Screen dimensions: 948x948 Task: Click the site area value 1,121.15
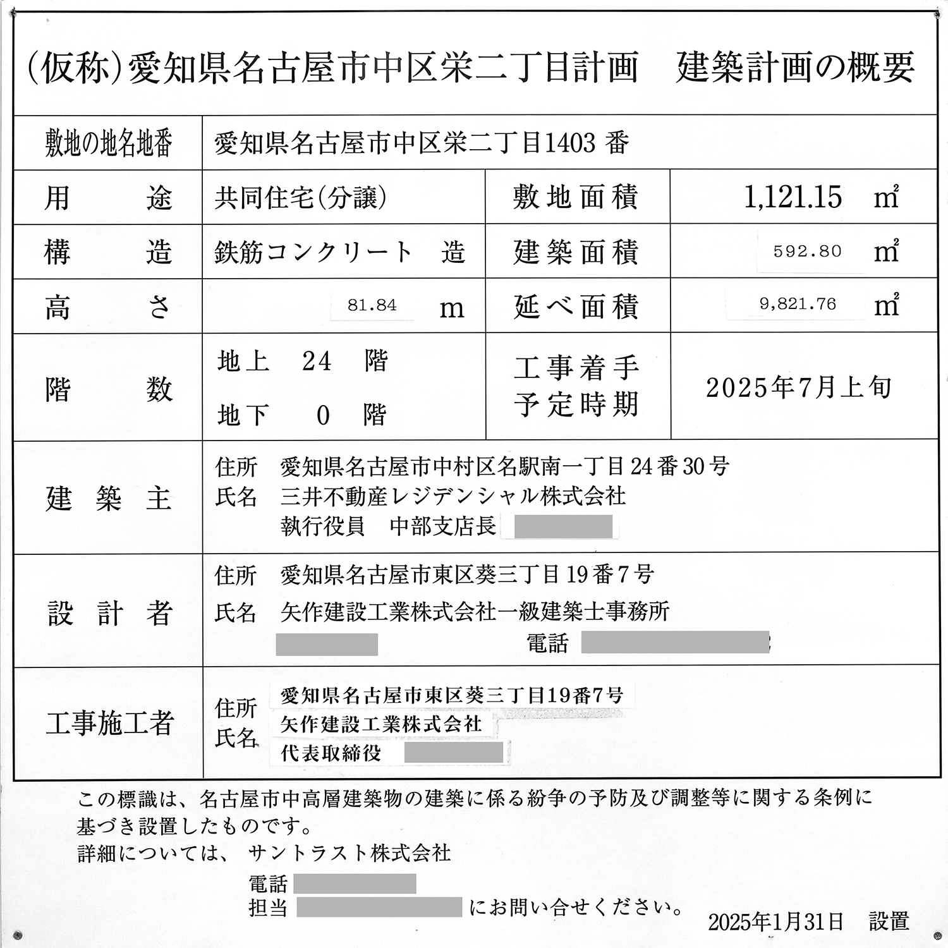(x=793, y=197)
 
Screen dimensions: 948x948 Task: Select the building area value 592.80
(x=807, y=252)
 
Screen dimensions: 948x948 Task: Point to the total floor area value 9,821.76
(x=798, y=305)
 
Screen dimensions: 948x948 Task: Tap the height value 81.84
(x=372, y=306)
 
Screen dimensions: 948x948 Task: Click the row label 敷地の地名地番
(x=108, y=143)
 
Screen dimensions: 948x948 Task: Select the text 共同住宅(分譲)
(x=300, y=198)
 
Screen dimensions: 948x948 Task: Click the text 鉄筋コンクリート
(x=313, y=252)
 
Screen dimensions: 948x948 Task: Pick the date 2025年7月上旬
(x=798, y=387)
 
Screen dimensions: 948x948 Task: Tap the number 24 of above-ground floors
(x=316, y=362)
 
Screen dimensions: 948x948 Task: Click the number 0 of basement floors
(x=322, y=416)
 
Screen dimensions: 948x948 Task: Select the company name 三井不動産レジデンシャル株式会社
(x=453, y=497)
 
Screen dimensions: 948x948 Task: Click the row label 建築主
(x=108, y=499)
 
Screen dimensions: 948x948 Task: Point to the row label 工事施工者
(x=109, y=722)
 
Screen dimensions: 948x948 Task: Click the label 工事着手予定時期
(x=576, y=386)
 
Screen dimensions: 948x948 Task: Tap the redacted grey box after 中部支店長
(x=562, y=526)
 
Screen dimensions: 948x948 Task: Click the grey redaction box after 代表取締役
(x=453, y=752)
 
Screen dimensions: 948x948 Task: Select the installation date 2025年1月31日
(x=775, y=922)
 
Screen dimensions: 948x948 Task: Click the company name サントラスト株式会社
(x=349, y=853)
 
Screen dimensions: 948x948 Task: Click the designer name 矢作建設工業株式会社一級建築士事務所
(x=475, y=611)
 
